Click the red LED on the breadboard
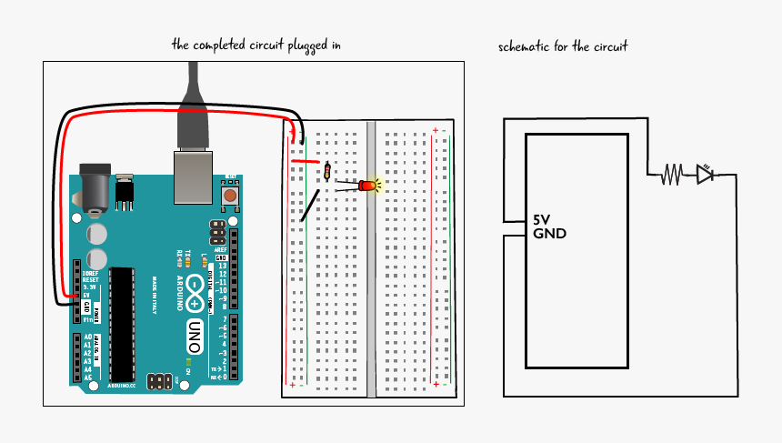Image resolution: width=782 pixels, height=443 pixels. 368,186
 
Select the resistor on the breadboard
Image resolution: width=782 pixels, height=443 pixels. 326,172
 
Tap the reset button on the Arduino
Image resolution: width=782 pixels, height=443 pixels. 231,195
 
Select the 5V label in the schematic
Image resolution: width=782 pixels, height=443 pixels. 542,220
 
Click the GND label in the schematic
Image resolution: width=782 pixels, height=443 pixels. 549,234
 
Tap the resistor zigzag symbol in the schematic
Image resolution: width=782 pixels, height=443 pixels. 672,173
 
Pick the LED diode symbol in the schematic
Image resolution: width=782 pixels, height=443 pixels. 706,173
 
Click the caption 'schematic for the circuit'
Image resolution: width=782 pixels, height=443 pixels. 563,46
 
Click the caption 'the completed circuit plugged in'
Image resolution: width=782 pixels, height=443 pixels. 262,44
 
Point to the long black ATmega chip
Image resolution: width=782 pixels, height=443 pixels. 123,324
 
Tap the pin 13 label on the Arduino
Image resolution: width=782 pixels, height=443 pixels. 220,265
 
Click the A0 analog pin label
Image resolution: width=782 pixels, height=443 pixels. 87,337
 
